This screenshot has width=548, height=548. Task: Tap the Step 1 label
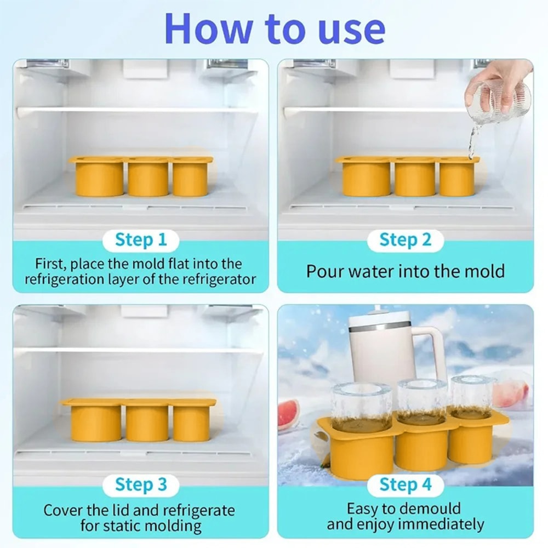pyautogui.click(x=141, y=240)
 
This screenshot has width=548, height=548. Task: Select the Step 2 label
pyautogui.click(x=405, y=240)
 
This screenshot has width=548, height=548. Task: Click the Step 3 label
pyautogui.click(x=141, y=484)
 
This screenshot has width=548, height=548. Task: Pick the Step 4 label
pyautogui.click(x=405, y=484)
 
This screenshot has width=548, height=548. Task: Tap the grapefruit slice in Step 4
pyautogui.click(x=288, y=414)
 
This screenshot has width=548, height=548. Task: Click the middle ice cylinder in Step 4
pyautogui.click(x=422, y=400)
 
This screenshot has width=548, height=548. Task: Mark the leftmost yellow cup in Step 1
pyautogui.click(x=99, y=178)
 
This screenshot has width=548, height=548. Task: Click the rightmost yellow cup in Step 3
pyautogui.click(x=191, y=423)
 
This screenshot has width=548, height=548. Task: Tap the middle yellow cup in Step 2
pyautogui.click(x=415, y=178)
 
